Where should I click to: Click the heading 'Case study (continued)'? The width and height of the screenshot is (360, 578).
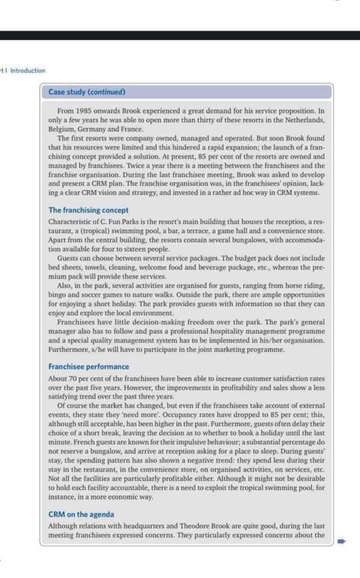click(87, 92)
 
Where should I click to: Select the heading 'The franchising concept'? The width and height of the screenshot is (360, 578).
click(89, 210)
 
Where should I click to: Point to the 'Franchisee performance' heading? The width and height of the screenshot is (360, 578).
click(89, 367)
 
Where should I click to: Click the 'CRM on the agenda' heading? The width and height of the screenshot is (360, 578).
click(81, 514)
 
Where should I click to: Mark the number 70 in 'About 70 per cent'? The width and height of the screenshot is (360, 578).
click(73, 379)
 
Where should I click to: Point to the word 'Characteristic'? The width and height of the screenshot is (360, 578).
click(70, 221)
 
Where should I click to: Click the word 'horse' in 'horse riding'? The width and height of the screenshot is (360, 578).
click(289, 285)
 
